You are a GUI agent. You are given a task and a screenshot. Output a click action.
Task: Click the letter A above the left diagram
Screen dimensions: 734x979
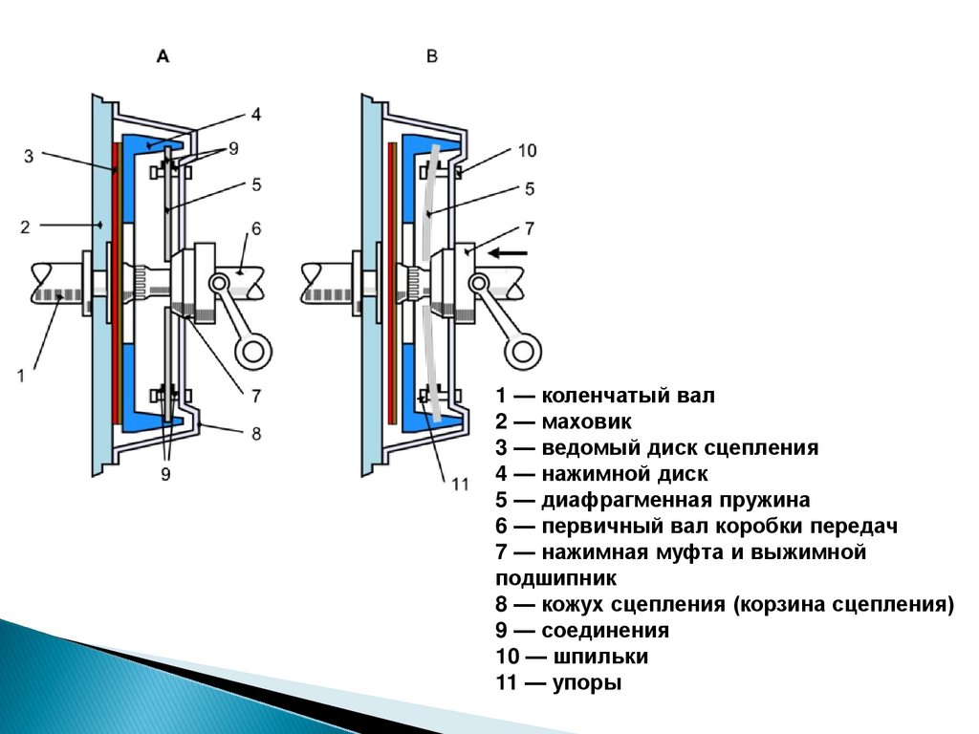[x=163, y=57]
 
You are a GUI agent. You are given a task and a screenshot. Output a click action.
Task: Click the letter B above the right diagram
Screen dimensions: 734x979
[x=431, y=57]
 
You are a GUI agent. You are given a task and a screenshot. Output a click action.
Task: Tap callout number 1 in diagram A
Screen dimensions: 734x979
[x=21, y=375]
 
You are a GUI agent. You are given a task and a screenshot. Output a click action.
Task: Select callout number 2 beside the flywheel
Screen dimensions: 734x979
[x=26, y=227]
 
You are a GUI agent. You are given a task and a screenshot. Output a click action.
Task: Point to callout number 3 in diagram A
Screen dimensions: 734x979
[x=29, y=154]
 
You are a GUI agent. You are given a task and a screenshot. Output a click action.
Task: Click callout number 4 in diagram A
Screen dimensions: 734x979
[x=255, y=114]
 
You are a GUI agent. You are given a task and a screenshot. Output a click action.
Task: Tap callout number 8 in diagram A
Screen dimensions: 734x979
[x=255, y=433]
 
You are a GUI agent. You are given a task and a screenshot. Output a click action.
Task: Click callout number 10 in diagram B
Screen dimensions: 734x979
[x=528, y=150]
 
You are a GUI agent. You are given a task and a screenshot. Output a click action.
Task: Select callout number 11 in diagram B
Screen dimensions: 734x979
[x=460, y=485]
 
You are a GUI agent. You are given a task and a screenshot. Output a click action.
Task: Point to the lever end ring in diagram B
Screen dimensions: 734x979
[x=523, y=352]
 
